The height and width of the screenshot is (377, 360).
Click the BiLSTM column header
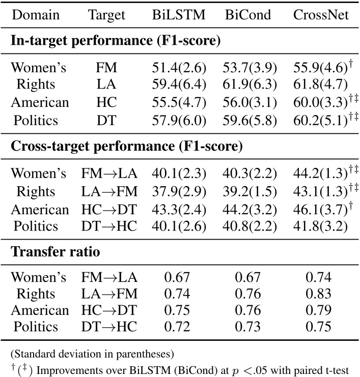click(178, 15)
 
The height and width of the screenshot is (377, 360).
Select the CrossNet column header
click(321, 15)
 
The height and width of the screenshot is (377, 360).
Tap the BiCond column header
click(250, 15)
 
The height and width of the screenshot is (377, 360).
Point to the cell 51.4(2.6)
click(178, 68)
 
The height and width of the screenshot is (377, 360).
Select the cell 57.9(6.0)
click(178, 120)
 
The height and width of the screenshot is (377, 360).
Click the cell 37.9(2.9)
click(178, 191)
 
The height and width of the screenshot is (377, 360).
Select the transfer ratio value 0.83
click(321, 294)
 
